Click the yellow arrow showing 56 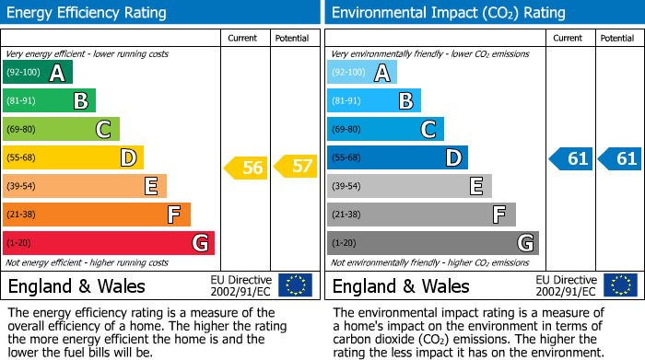tap(245, 168)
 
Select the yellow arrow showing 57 tap(296, 168)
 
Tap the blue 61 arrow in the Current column tap(571, 158)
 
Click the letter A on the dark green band tap(57, 73)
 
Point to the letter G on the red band tap(199, 243)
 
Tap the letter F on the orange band tap(173, 215)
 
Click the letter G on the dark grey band tap(524, 243)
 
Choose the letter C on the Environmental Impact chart tap(428, 129)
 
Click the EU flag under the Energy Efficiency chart tap(295, 285)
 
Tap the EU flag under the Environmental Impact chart tap(619, 285)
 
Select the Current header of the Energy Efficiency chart tap(242, 38)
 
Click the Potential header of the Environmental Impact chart tap(616, 38)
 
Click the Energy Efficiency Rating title tap(87, 13)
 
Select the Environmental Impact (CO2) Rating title tap(448, 13)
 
